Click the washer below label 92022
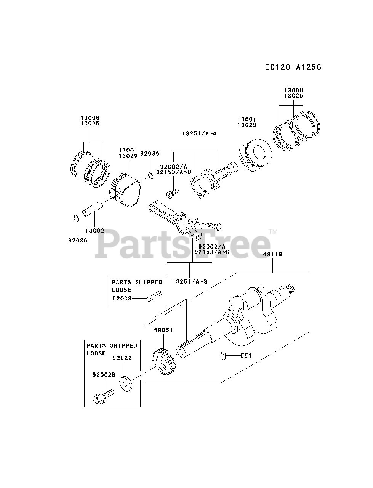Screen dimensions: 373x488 pos(125,383)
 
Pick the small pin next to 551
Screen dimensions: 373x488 pos(224,356)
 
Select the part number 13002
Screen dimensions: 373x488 pos(94,231)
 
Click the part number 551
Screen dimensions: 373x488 pos(246,356)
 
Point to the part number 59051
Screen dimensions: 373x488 pos(163,330)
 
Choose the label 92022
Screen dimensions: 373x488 pos(122,358)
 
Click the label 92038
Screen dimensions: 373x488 pos(122,299)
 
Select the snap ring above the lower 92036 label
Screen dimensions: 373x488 pos(75,218)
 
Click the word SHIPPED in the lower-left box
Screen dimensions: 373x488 pos(123,345)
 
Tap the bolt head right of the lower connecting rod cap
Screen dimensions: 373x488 pos(217,226)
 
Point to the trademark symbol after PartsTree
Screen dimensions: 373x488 pos(273,231)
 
